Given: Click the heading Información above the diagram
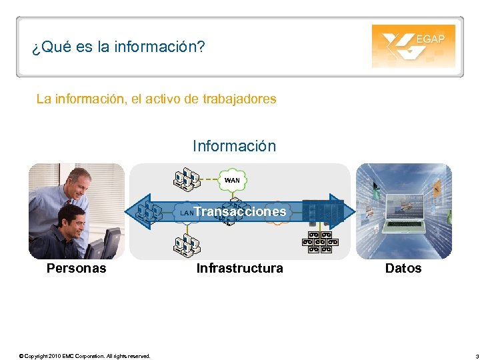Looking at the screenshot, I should coord(234,146).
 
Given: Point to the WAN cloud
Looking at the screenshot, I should coord(232,180).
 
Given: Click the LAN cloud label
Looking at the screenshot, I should coord(186,213).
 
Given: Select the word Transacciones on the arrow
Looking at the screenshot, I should coord(240,211).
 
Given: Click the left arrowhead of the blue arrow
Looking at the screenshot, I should coord(137,211).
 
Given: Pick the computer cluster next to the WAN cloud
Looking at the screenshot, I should coord(187,179).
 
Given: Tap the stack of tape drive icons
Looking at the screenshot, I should coord(320,242).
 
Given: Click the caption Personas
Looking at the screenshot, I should coord(76,269).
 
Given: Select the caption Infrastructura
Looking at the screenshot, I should coord(239,269).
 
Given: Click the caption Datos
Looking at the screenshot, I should coord(403,269).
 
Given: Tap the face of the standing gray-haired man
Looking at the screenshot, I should coord(79,183).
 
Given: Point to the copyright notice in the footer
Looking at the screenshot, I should coord(85,356).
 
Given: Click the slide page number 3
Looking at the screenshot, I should coord(468,356).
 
